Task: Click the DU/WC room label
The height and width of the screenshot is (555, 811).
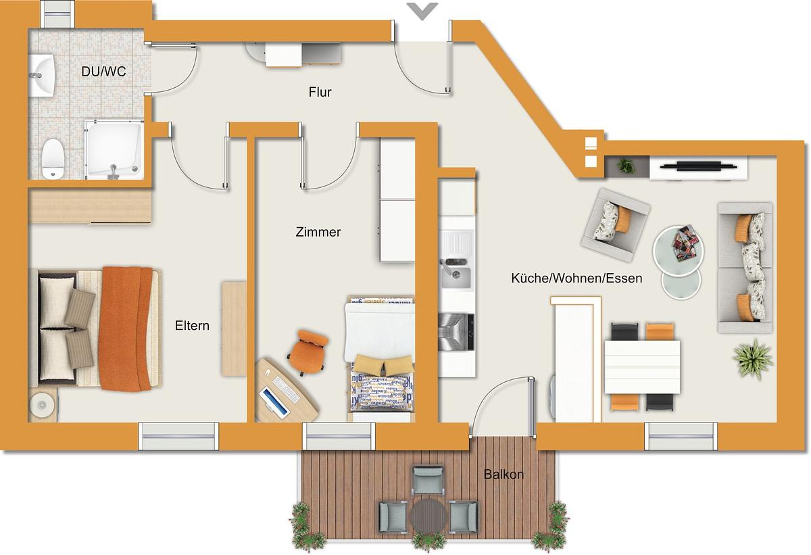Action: pyautogui.click(x=103, y=72)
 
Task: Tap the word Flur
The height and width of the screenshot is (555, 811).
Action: pyautogui.click(x=320, y=92)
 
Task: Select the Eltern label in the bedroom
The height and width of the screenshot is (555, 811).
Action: pyautogui.click(x=192, y=325)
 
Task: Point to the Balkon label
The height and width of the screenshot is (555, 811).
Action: pyautogui.click(x=503, y=475)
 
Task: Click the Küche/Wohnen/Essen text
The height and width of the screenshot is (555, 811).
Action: pyautogui.click(x=576, y=278)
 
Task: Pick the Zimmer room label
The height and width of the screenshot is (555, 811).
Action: pyautogui.click(x=318, y=232)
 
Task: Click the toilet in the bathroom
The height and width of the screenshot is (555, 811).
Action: pyautogui.click(x=53, y=159)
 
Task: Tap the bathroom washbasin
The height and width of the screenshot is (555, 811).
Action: pyautogui.click(x=42, y=75)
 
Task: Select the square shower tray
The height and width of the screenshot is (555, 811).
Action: pyautogui.click(x=114, y=149)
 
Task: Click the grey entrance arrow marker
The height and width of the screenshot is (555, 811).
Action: pyautogui.click(x=422, y=11)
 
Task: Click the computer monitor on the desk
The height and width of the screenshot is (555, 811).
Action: pyautogui.click(x=275, y=403)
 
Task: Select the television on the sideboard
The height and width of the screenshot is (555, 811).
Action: pyautogui.click(x=698, y=166)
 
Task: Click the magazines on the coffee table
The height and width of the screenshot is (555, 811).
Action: pyautogui.click(x=683, y=243)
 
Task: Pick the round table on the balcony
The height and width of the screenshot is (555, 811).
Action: pyautogui.click(x=428, y=516)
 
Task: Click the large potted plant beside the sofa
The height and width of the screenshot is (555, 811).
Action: pyautogui.click(x=753, y=358)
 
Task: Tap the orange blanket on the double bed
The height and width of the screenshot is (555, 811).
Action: pyautogui.click(x=125, y=329)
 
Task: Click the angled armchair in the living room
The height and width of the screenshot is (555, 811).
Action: pyautogui.click(x=616, y=225)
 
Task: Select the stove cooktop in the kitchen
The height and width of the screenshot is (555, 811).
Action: pyautogui.click(x=456, y=332)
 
